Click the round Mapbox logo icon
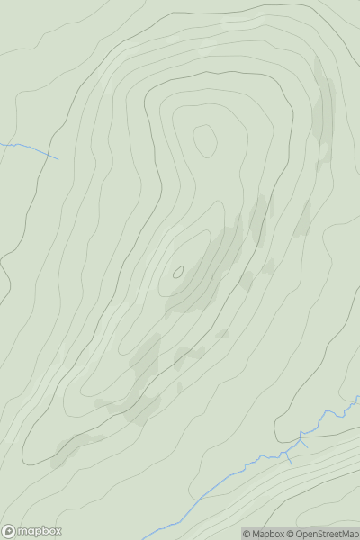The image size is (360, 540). point(9,531)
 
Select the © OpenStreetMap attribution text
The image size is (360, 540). point(325,534)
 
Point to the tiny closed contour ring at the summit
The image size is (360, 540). point(178,271)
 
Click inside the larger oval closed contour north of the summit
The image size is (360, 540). point(205,139)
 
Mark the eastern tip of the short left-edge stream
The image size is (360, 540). point(58,159)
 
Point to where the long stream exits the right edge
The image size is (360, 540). point(358,397)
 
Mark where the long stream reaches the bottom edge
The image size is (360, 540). point(144,538)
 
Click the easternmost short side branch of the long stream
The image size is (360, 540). point(304,442)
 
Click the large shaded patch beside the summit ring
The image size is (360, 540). point(205,274)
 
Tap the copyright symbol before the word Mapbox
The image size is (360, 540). point(247,534)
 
